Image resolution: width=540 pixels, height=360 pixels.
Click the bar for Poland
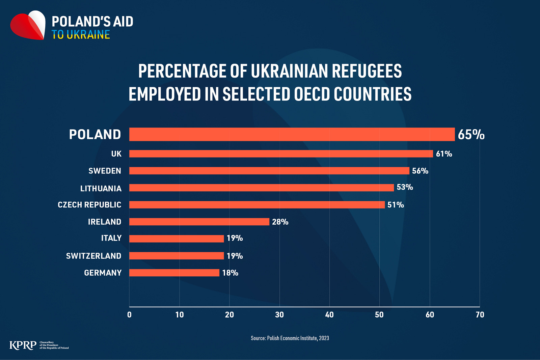point(292,134)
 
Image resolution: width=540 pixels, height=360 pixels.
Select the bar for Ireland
point(199,222)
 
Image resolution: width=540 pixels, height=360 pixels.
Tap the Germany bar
point(174,273)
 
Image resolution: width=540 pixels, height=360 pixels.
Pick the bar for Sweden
point(269,171)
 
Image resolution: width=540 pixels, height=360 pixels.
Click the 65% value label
point(471,135)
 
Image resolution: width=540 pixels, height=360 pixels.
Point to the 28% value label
point(280,222)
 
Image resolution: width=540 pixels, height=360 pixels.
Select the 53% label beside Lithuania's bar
point(405,187)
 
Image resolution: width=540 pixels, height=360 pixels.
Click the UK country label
point(116,154)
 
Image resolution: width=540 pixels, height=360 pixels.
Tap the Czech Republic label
point(89,205)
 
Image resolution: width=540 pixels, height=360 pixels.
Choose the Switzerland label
point(93,256)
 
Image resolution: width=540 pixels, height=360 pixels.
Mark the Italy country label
point(111,238)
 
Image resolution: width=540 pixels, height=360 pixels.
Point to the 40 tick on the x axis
point(329,315)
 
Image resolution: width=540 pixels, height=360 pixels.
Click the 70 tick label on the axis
point(480,315)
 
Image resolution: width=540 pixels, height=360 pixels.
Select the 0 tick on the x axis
point(129,315)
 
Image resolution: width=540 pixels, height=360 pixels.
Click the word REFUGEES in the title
point(367,71)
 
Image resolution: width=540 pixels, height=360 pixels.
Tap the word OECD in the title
point(312,94)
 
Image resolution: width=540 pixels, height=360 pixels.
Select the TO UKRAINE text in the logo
point(81,35)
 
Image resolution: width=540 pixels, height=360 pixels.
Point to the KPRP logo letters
point(23,345)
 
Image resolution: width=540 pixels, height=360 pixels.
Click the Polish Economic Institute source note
point(290,338)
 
